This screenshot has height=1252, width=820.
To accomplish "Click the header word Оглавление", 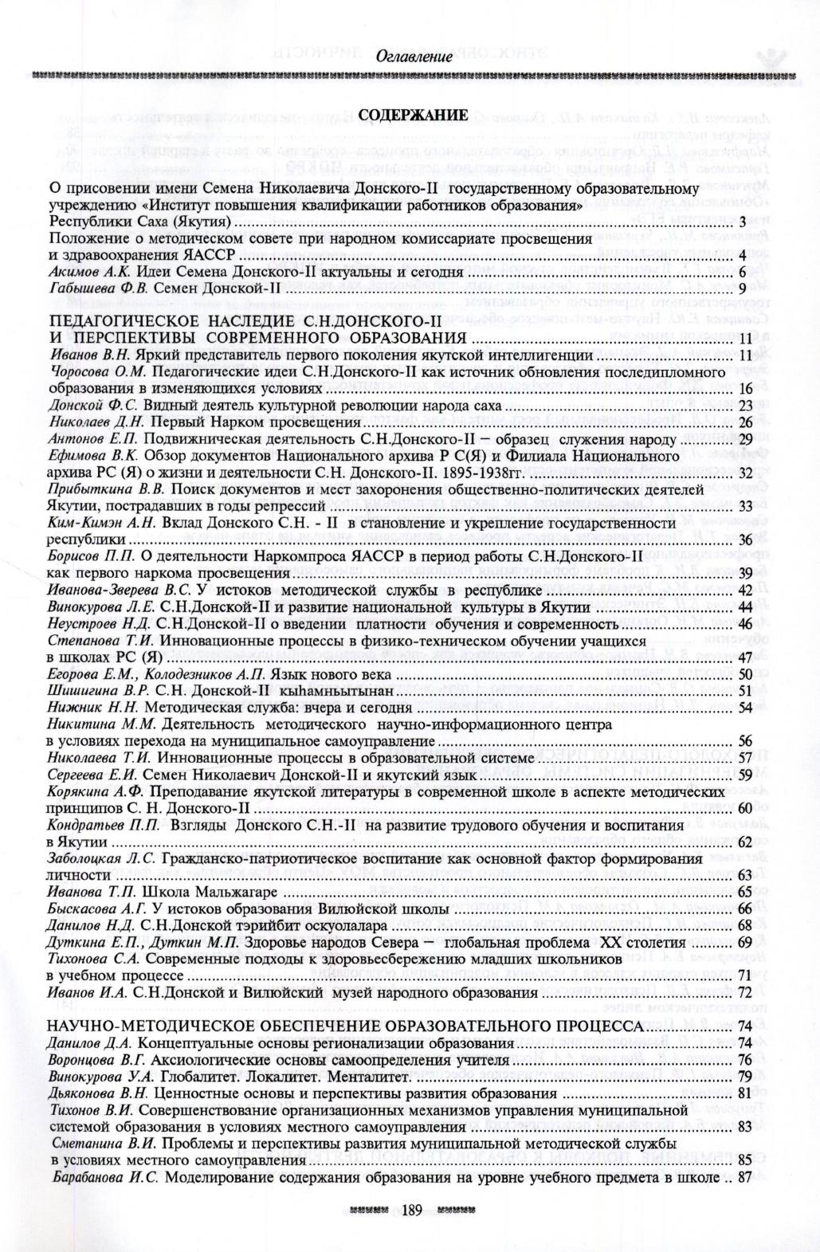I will coord(414,57).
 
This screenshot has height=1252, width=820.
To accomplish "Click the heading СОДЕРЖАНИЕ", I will coord(413,116).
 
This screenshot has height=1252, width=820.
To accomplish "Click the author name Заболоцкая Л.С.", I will coord(103,858).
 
